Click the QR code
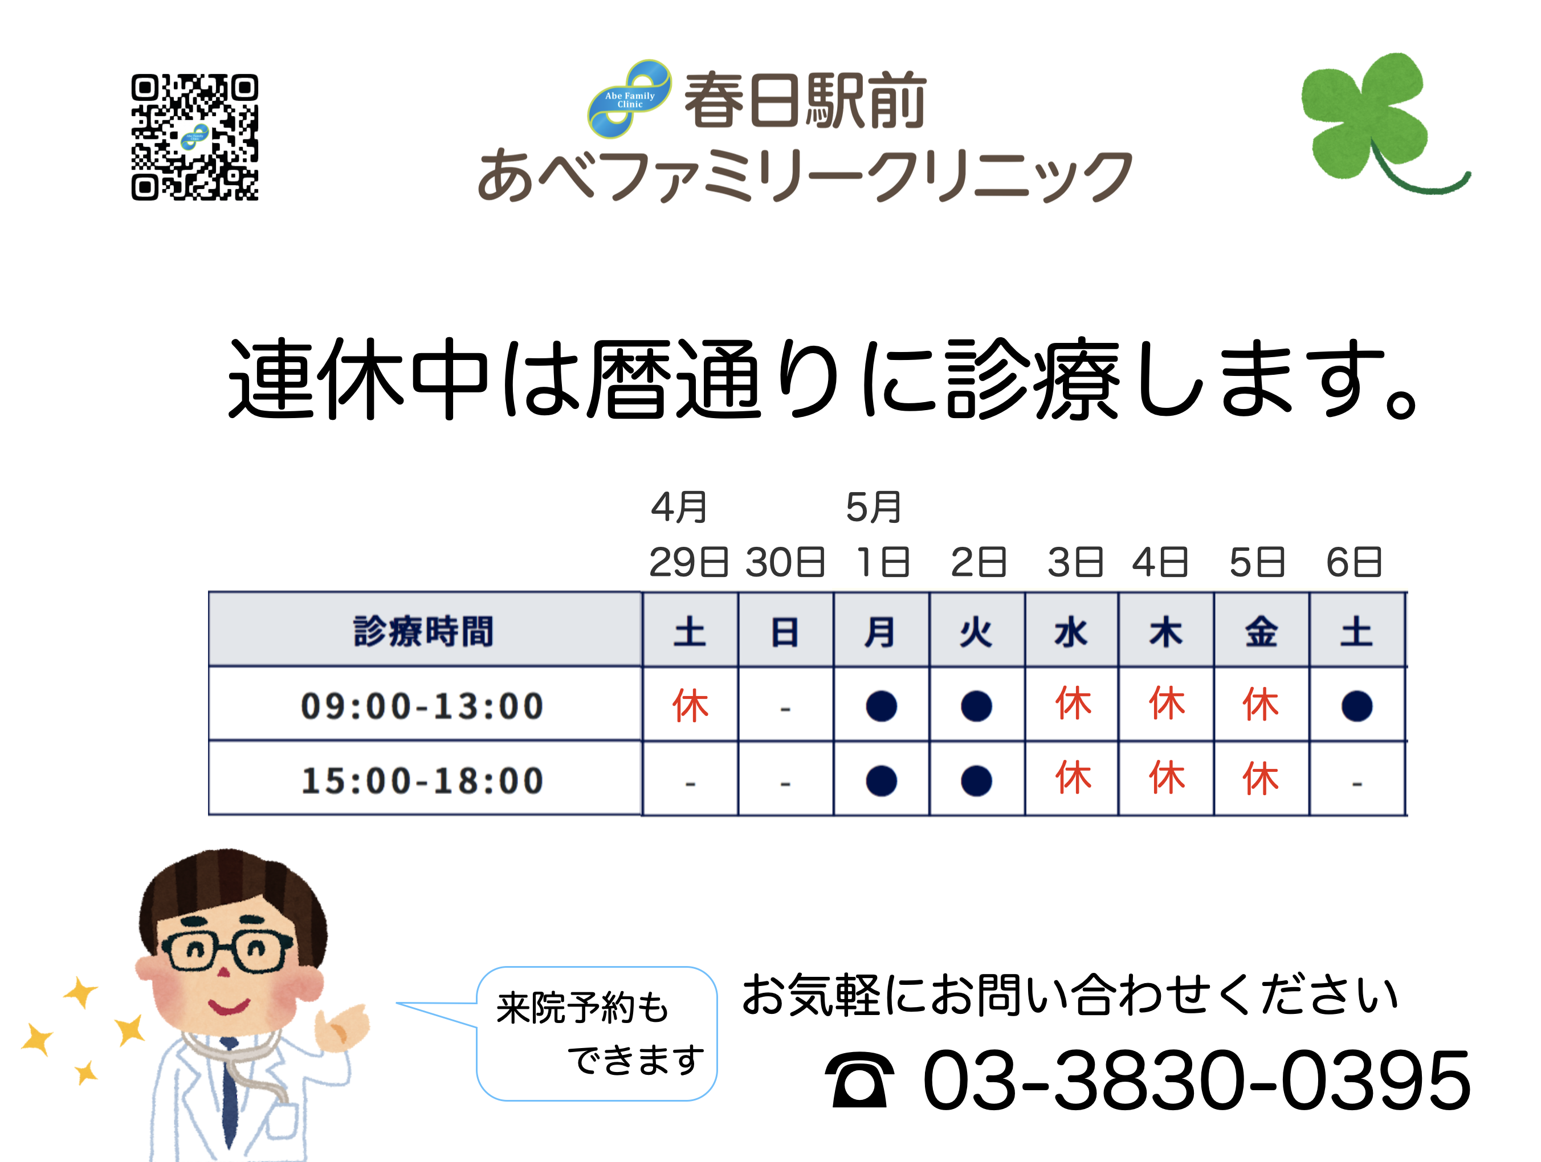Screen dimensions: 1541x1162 (x=194, y=137)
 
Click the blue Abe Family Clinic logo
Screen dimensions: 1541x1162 (x=629, y=99)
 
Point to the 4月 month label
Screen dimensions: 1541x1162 (x=679, y=507)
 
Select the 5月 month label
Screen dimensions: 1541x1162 (x=874, y=507)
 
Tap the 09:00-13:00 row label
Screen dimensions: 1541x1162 (x=422, y=705)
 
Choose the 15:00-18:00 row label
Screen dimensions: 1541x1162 (x=422, y=780)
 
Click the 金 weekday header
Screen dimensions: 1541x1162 (x=1261, y=632)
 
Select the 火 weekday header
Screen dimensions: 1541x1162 (x=976, y=632)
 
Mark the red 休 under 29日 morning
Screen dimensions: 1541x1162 (x=690, y=705)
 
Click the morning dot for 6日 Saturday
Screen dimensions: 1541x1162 (x=1356, y=706)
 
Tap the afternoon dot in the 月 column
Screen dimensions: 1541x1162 (x=881, y=780)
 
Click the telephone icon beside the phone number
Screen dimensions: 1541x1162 (x=859, y=1080)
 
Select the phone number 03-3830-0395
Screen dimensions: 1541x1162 (x=1196, y=1080)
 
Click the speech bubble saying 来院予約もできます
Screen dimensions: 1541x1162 (x=597, y=1033)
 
